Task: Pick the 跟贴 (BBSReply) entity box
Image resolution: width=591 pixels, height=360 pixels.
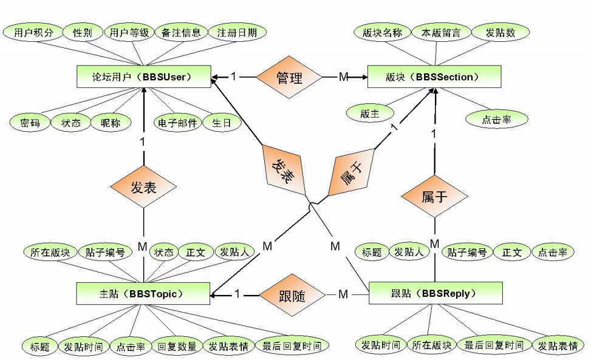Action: [436, 293]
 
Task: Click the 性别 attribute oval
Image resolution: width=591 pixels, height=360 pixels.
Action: [82, 32]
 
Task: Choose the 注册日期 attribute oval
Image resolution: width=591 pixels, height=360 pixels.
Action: [237, 32]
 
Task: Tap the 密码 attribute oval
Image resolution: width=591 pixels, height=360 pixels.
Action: [29, 123]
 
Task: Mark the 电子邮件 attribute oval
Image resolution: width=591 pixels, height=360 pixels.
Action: [177, 123]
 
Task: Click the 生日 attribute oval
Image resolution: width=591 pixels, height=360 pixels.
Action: [222, 123]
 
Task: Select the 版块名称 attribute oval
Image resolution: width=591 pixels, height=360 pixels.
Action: [381, 33]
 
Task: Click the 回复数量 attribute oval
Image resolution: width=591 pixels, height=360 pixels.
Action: [177, 347]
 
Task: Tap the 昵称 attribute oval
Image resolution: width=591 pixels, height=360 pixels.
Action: [111, 123]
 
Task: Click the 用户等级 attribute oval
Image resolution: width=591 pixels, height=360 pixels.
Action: [129, 32]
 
